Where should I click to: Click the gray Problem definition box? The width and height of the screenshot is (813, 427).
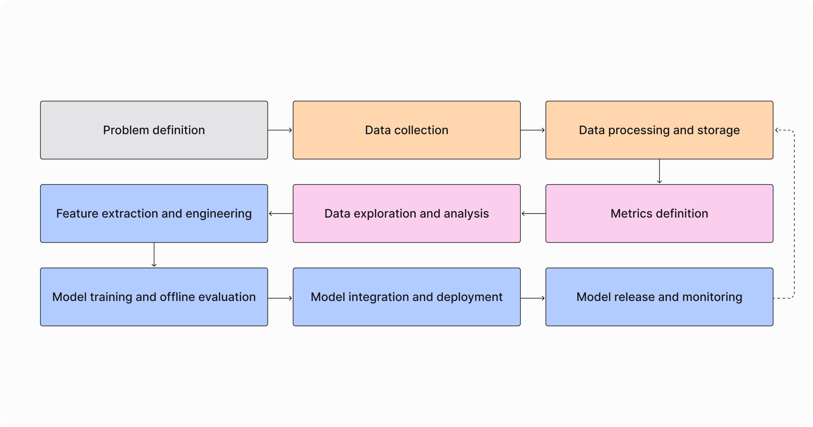(x=154, y=130)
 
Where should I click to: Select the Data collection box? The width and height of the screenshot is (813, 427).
(x=406, y=130)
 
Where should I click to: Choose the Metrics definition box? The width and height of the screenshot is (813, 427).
(x=659, y=213)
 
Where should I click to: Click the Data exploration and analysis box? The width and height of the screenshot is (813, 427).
(x=406, y=213)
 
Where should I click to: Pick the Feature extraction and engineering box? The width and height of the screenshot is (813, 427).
(x=154, y=213)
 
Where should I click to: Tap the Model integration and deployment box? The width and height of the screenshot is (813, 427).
(x=406, y=297)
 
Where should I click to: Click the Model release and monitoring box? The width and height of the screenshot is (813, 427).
(x=659, y=297)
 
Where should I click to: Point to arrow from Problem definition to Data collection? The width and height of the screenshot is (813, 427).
(x=280, y=130)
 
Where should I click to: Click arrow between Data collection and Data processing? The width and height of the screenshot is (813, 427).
(x=533, y=130)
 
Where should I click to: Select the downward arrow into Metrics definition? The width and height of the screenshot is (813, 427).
(x=659, y=172)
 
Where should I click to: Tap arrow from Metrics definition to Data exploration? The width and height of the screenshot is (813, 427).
(x=533, y=213)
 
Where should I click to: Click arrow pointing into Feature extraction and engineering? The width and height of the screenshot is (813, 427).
(x=280, y=213)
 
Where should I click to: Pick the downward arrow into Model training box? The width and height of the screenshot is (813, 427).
(x=154, y=255)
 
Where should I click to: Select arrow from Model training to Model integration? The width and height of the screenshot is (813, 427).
(x=280, y=298)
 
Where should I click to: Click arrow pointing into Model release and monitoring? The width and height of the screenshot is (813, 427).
(x=533, y=298)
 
